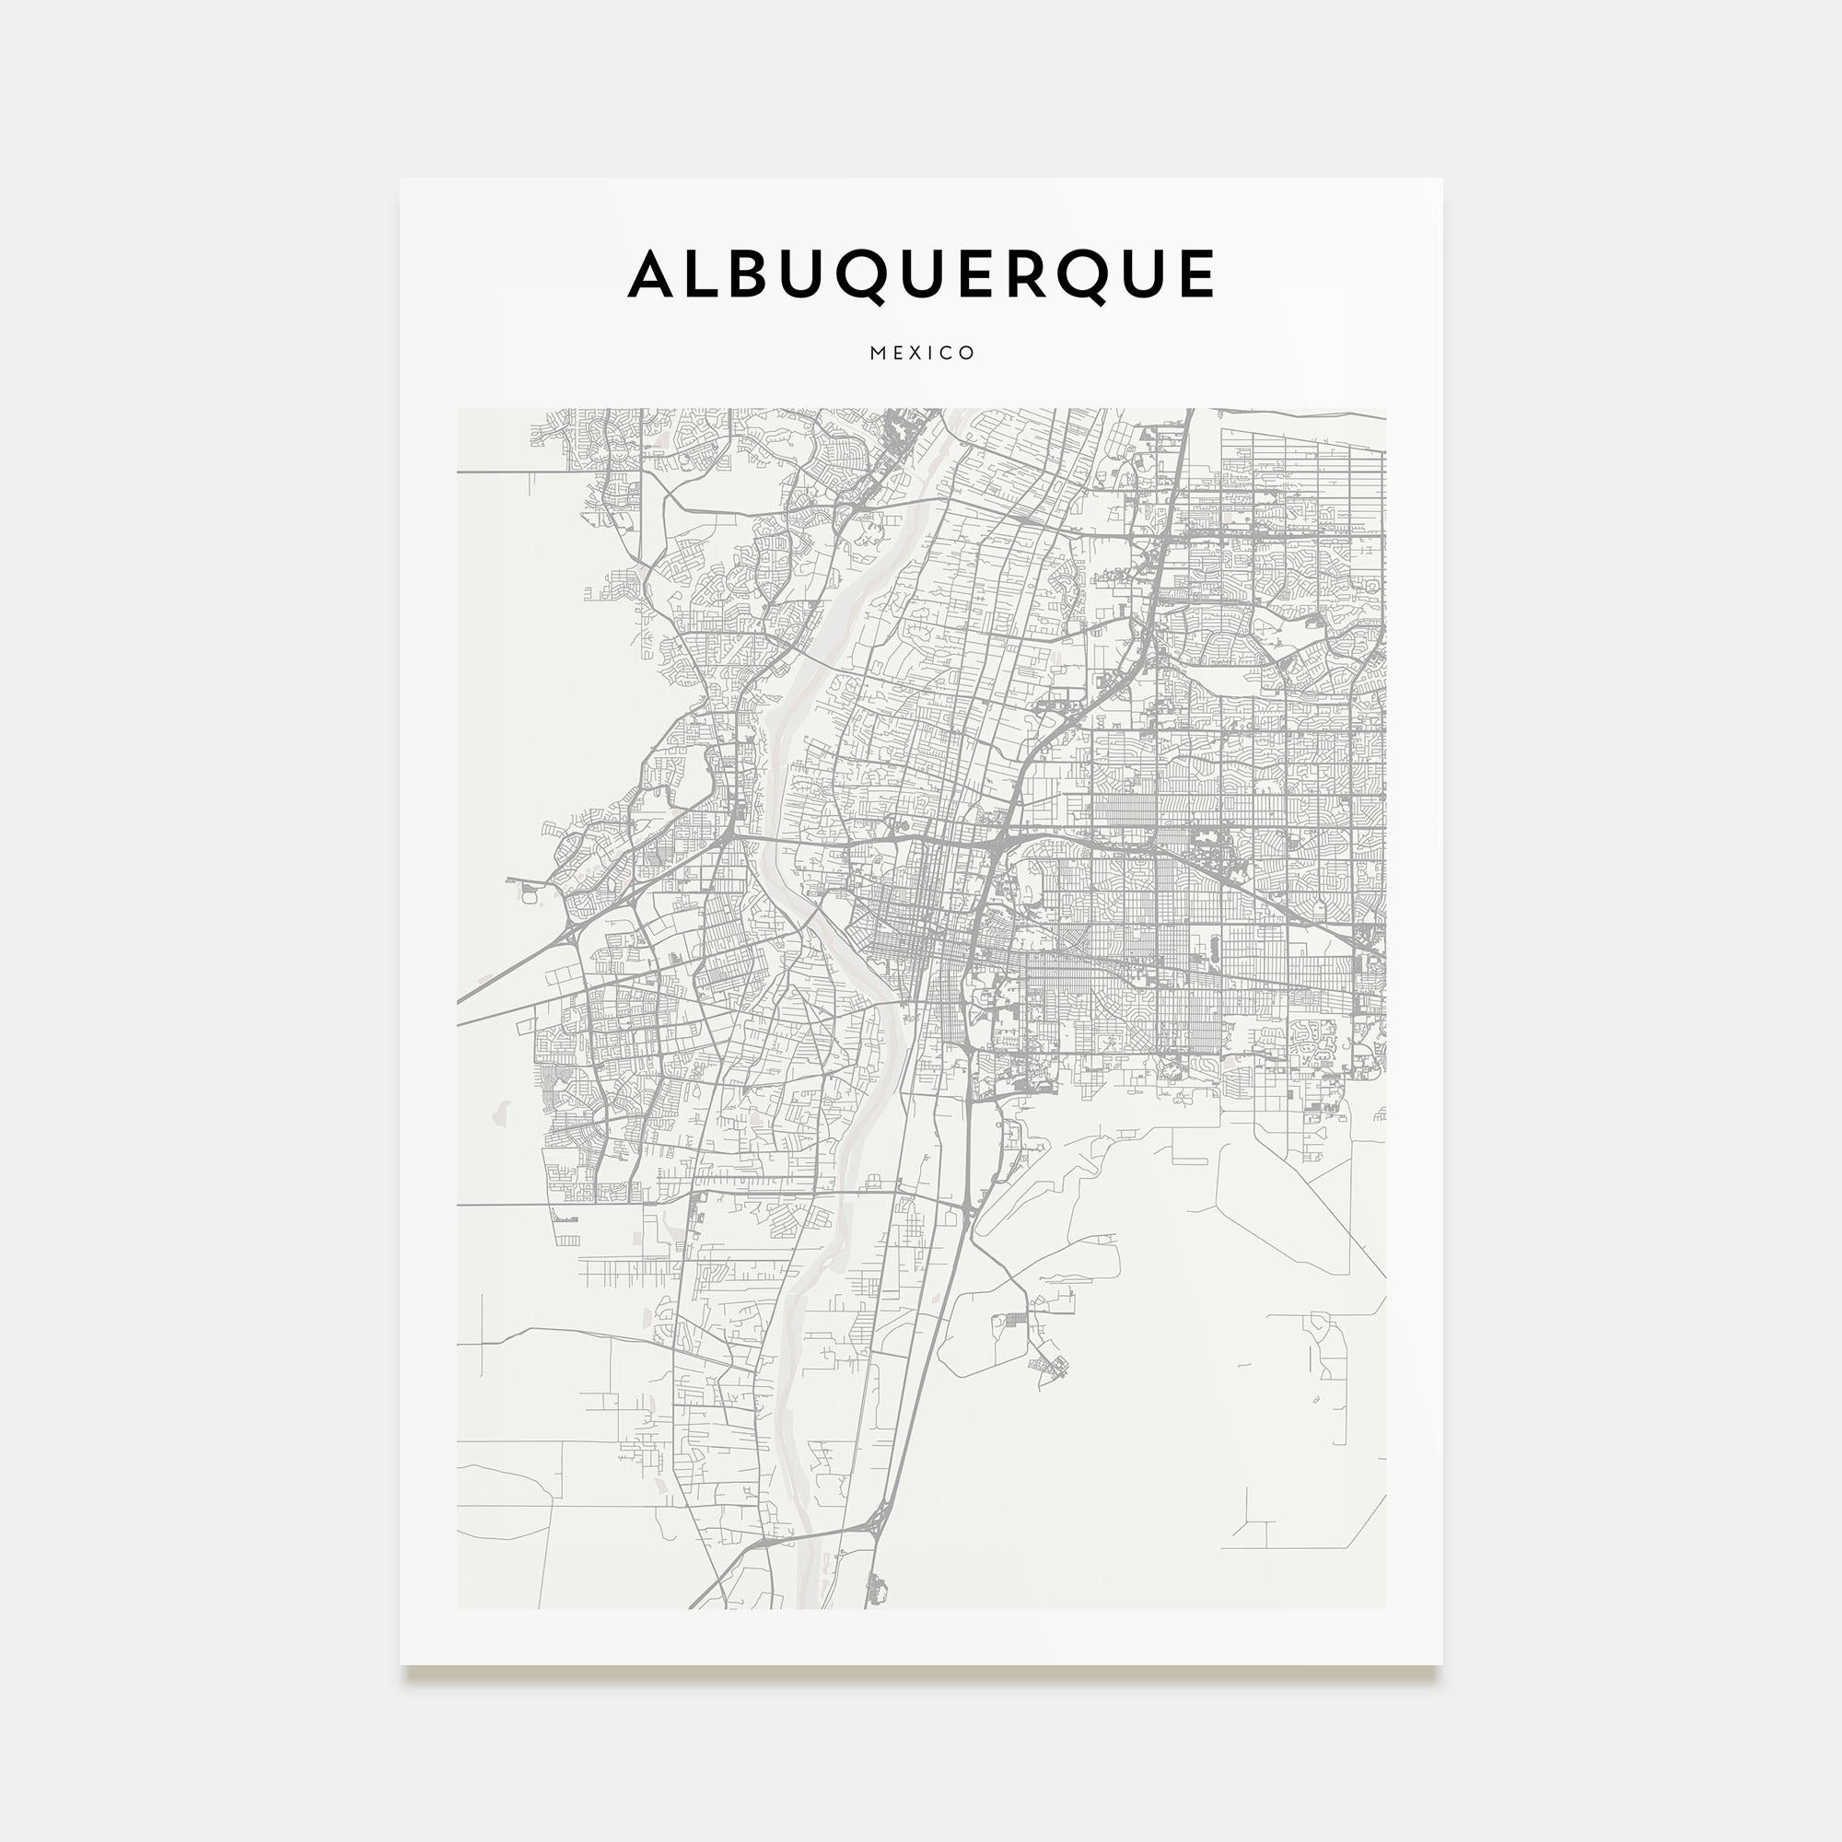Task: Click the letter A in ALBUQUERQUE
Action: [652, 274]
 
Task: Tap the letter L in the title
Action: [702, 274]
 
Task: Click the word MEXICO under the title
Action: [922, 353]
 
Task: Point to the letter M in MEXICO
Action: [878, 353]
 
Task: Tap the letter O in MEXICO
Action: [968, 353]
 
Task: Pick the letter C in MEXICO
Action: [949, 353]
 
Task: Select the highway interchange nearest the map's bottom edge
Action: [878, 1523]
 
